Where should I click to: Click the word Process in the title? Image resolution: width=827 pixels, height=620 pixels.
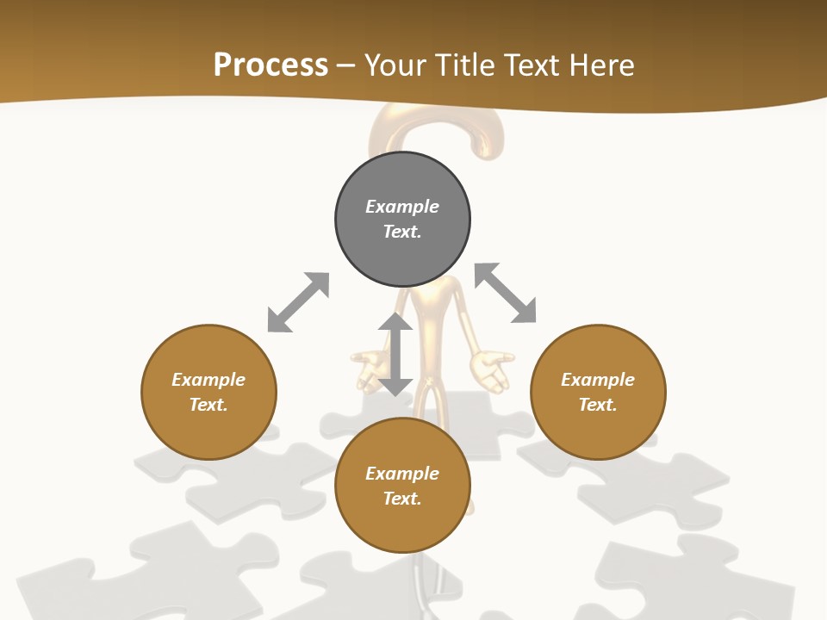[x=270, y=65]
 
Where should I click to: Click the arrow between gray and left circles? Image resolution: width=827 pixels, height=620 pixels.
[x=298, y=302]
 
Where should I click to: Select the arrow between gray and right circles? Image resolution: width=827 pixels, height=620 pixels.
[x=506, y=293]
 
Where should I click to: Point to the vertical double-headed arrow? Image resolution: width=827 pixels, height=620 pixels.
[x=395, y=354]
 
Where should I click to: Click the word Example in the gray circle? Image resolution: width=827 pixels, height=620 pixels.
[x=402, y=207]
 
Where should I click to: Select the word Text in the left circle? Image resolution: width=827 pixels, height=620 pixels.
[x=208, y=405]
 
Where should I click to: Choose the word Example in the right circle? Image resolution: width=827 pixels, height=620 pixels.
[x=598, y=380]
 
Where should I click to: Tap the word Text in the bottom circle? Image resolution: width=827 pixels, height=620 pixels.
[x=402, y=499]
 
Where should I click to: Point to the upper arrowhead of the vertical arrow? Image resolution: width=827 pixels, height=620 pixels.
[x=395, y=322]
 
